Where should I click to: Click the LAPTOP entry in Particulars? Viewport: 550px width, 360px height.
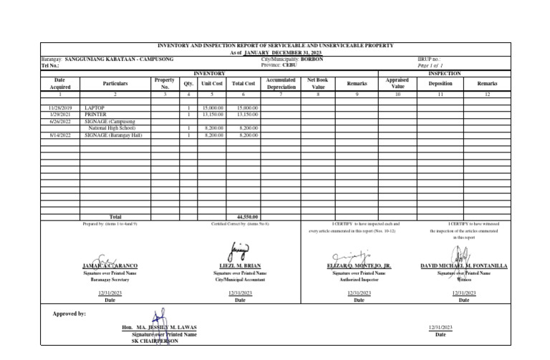[95, 107]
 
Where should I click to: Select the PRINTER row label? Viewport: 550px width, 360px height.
[96, 114]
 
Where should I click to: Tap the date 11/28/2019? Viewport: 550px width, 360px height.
[59, 107]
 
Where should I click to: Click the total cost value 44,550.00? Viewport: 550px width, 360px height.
[247, 216]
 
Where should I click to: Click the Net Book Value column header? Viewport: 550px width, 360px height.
[317, 84]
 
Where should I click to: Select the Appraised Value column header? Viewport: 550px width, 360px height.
[398, 84]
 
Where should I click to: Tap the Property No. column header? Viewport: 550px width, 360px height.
[164, 84]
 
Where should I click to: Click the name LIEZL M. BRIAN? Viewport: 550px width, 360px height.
[240, 266]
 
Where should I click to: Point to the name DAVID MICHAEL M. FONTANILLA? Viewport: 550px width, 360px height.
[463, 266]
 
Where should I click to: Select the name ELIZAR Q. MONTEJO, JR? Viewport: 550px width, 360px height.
[359, 266]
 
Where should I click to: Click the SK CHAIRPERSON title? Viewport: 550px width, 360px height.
[155, 341]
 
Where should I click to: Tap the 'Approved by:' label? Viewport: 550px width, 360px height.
[69, 313]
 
